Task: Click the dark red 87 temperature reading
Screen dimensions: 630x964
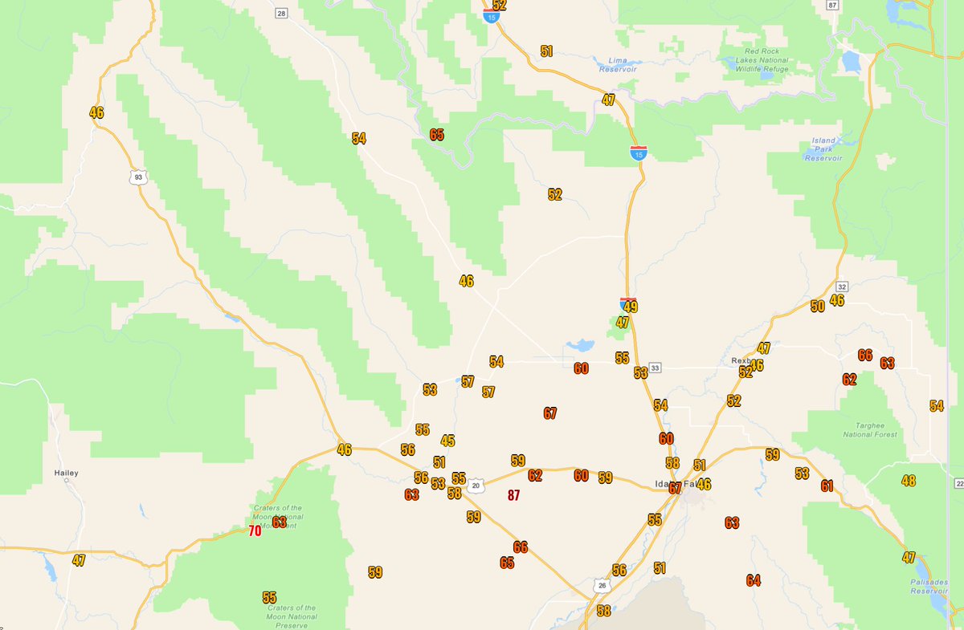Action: tap(514, 495)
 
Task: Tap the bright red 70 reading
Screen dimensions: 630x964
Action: tap(255, 531)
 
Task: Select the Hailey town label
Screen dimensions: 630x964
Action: tap(66, 474)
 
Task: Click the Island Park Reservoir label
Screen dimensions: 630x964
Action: tap(823, 149)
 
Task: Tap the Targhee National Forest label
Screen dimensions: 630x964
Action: tap(870, 429)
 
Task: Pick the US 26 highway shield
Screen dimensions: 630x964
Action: tap(602, 587)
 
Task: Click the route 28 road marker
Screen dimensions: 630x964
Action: tap(280, 13)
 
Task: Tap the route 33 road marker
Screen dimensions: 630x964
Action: tap(656, 368)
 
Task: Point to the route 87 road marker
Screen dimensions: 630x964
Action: tap(832, 5)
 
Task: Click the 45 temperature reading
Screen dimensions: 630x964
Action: tap(447, 441)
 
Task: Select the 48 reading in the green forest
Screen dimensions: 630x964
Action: tap(909, 481)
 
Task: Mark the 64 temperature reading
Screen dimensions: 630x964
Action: tap(753, 580)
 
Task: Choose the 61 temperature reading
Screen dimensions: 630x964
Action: tap(827, 486)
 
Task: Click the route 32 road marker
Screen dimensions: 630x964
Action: tap(841, 286)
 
